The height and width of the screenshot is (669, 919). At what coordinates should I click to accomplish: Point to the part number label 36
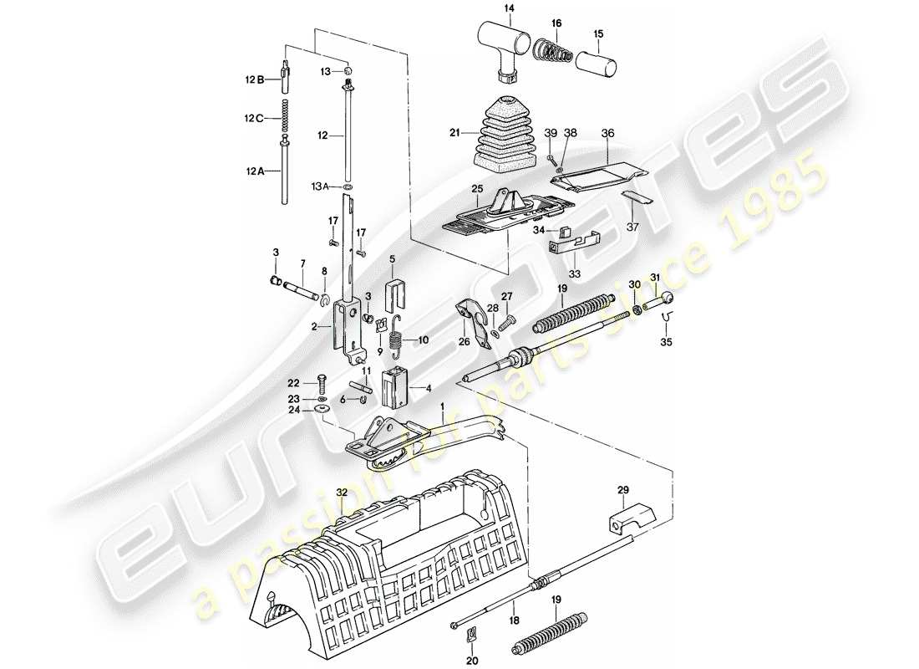[x=607, y=132]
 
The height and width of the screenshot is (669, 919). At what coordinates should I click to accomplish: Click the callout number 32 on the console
[x=340, y=493]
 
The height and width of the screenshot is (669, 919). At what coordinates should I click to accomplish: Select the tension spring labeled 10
[x=399, y=336]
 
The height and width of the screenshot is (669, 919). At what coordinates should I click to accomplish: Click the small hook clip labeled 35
[x=668, y=319]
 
